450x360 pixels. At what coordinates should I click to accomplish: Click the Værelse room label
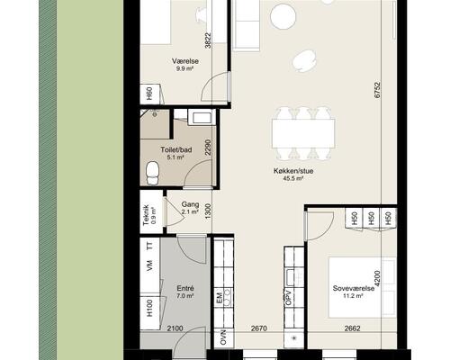185,61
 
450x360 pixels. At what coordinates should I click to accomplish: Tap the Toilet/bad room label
176,149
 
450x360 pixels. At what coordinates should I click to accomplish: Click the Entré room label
185,289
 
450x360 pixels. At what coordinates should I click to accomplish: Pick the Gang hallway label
190,204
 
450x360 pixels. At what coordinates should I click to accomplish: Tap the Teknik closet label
146,215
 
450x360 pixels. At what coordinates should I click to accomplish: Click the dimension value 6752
377,90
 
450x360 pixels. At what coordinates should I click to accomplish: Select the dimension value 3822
208,40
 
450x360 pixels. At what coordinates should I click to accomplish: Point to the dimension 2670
259,328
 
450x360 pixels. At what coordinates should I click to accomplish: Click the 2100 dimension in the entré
175,328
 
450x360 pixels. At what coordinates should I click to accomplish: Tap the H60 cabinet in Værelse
150,94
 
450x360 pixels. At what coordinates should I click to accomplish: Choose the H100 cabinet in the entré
150,309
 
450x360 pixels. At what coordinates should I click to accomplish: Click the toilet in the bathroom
152,173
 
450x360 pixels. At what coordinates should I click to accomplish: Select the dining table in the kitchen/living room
303,134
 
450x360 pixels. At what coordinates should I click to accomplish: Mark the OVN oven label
223,337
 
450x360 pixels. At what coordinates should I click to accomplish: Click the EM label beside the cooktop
219,299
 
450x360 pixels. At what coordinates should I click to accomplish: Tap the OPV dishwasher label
289,298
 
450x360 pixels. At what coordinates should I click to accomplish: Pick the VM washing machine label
149,266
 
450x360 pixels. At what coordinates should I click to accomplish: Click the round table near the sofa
283,17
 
